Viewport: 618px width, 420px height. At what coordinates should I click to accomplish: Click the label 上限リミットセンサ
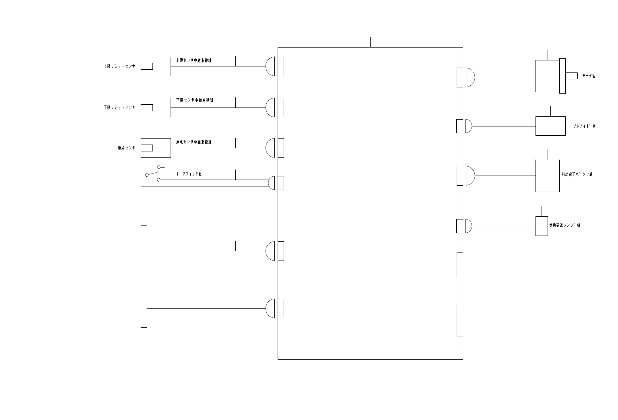119,66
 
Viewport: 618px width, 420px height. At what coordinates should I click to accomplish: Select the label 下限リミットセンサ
119,108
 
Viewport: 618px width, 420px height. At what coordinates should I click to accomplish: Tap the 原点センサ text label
126,148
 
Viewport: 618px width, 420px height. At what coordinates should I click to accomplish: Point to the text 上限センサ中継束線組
194,60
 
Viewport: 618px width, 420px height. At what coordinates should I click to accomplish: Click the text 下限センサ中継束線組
194,100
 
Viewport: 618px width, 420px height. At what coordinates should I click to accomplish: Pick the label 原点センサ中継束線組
194,142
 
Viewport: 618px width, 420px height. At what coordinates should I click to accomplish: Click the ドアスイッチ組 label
189,174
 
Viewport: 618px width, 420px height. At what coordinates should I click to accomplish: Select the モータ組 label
589,76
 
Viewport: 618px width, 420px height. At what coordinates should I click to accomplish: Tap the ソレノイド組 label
584,126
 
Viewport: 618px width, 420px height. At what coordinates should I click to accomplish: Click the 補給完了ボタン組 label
577,174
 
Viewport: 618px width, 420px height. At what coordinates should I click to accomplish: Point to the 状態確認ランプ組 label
564,226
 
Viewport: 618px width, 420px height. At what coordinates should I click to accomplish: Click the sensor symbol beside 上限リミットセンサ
156,66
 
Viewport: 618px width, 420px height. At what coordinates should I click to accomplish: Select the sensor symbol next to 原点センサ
156,148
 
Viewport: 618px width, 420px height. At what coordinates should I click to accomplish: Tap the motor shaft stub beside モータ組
571,76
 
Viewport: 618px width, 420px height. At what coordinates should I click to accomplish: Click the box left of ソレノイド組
550,126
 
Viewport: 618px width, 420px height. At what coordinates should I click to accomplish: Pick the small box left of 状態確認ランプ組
541,226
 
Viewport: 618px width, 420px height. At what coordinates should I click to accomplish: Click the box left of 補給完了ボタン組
547,176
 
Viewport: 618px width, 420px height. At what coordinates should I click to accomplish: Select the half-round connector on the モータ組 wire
470,77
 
